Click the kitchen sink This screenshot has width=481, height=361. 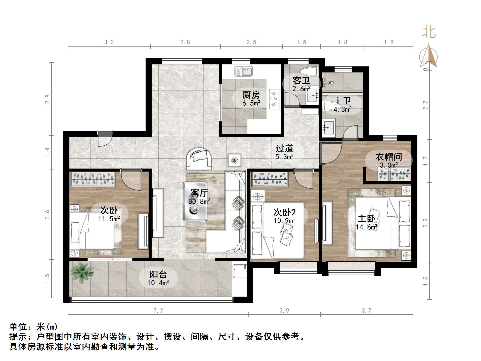point(243,71)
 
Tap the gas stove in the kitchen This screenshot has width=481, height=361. point(274,99)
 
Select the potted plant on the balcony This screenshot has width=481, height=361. point(81,272)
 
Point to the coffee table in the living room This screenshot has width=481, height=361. point(195,201)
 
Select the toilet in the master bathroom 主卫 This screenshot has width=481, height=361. point(328,106)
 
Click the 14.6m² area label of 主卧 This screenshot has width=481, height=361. point(366,227)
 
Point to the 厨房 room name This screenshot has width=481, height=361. point(251,95)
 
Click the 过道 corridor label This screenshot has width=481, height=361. point(284,148)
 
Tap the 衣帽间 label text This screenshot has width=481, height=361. point(388,157)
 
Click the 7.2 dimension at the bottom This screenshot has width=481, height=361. point(158,311)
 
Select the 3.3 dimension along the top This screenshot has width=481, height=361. point(109,42)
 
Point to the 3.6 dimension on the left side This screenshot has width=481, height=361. point(47,214)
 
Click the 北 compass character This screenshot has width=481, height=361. point(428,33)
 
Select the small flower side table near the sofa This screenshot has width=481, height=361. point(234,160)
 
